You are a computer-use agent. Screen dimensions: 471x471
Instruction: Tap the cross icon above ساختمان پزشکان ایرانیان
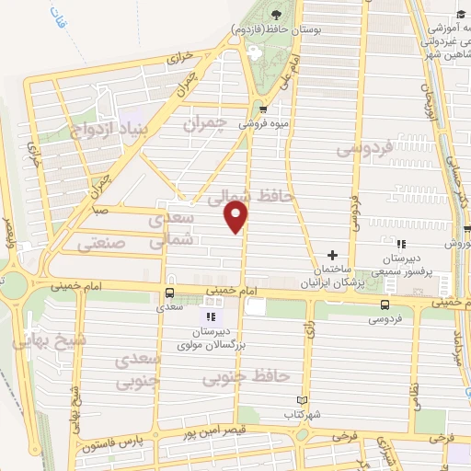pyautogui.click(x=332, y=256)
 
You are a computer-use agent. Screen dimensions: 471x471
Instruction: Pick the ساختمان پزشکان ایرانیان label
pyautogui.click(x=332, y=277)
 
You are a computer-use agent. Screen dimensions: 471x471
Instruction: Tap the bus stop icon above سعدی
pyautogui.click(x=168, y=293)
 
